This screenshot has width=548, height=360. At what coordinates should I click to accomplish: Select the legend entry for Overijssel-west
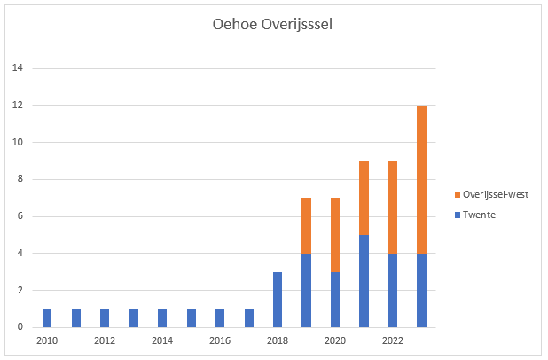(495, 194)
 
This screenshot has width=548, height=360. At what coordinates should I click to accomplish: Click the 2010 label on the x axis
(47, 340)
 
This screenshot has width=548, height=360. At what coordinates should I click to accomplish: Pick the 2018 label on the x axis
(277, 340)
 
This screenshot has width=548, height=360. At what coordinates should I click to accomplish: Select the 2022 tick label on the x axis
(392, 340)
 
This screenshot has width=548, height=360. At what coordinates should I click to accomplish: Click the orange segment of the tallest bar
(421, 179)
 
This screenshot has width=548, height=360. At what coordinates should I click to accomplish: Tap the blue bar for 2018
(277, 300)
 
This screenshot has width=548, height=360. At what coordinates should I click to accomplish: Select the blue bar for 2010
(47, 317)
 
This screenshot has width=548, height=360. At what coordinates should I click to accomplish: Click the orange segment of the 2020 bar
(334, 235)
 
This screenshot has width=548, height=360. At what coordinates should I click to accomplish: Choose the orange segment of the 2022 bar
(392, 207)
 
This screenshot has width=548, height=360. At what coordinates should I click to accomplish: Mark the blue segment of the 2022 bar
(392, 290)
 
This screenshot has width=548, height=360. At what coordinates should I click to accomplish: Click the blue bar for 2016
(219, 317)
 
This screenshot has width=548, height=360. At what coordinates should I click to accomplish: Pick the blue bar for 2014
(162, 317)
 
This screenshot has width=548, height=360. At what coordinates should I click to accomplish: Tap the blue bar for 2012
(105, 317)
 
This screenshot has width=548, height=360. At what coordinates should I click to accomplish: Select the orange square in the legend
(457, 194)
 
